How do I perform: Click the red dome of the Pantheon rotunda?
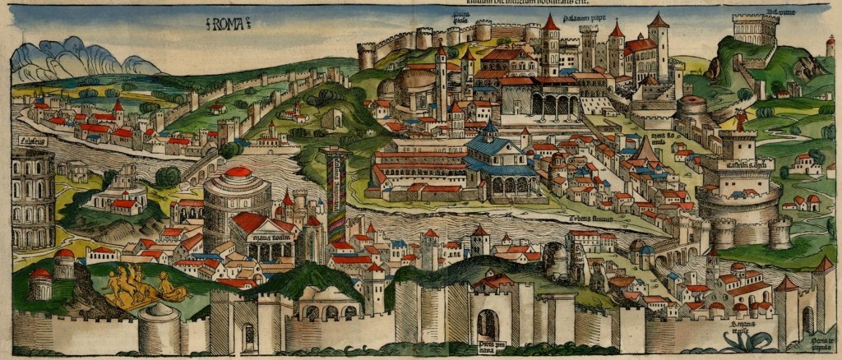[238, 173]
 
